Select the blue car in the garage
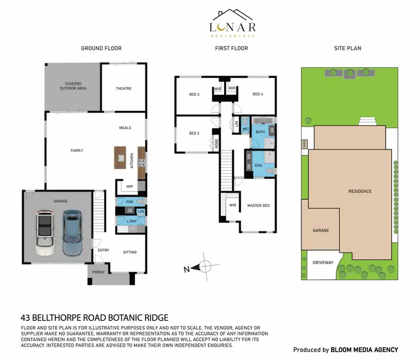[x=71, y=232]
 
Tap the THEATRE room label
[x=124, y=89]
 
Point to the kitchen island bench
[x=120, y=157]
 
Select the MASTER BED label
[x=258, y=206]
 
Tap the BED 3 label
[x=194, y=94]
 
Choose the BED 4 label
[x=257, y=94]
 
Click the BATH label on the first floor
[x=260, y=132]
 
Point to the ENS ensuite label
[x=258, y=166]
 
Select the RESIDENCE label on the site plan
[x=359, y=191]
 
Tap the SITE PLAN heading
[x=347, y=48]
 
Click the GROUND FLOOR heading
[x=101, y=48]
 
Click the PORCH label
[x=98, y=273]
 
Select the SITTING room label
[x=129, y=252]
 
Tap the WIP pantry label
[x=129, y=187]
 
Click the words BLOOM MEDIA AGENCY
[x=364, y=350]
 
